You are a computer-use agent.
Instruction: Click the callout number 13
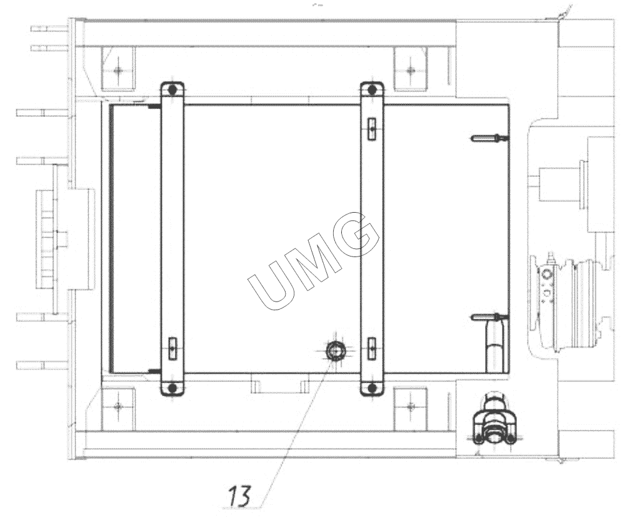coord(240,495)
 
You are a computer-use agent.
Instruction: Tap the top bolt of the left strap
coord(172,89)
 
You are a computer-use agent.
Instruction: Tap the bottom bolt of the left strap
coord(172,388)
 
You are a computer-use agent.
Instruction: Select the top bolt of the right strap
coord(372,89)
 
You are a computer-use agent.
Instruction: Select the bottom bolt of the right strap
coord(372,388)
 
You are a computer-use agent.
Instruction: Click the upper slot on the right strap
coord(372,129)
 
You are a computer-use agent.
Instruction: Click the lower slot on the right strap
coord(372,348)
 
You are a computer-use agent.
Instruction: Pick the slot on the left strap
coord(172,348)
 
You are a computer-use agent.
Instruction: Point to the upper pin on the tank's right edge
coord(489,138)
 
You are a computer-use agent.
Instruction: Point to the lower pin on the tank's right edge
coord(489,317)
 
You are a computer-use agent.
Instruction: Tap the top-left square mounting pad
coord(118,69)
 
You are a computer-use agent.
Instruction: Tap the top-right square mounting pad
coord(410,69)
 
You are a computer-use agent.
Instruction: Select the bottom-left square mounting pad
coord(118,407)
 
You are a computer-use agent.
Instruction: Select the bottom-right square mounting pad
coord(410,407)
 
